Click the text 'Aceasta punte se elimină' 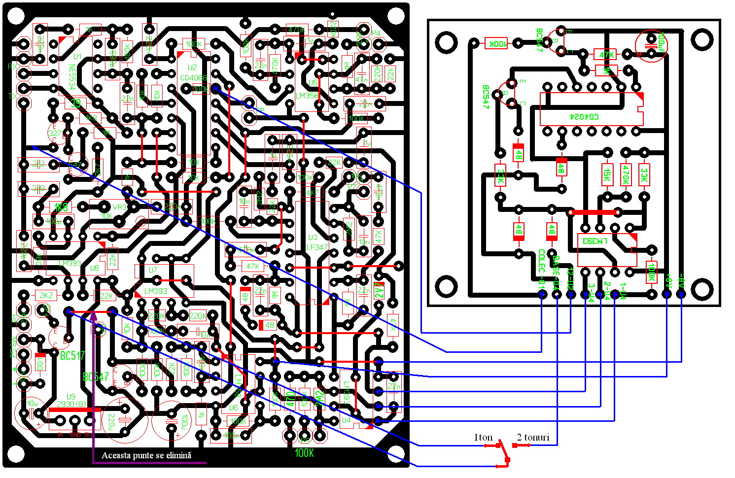pyautogui.click(x=146, y=455)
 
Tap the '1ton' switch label pyautogui.click(x=483, y=437)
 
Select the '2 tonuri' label pyautogui.click(x=533, y=437)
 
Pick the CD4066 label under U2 pyautogui.click(x=193, y=78)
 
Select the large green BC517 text pyautogui.click(x=72, y=355)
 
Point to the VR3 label pyautogui.click(x=120, y=207)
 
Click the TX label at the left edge pyautogui.click(x=13, y=97)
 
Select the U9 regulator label pyautogui.click(x=71, y=396)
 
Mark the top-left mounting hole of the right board pyautogui.click(x=446, y=42)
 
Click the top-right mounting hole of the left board pyautogui.click(x=395, y=16)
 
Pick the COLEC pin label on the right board pyautogui.click(x=541, y=261)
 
